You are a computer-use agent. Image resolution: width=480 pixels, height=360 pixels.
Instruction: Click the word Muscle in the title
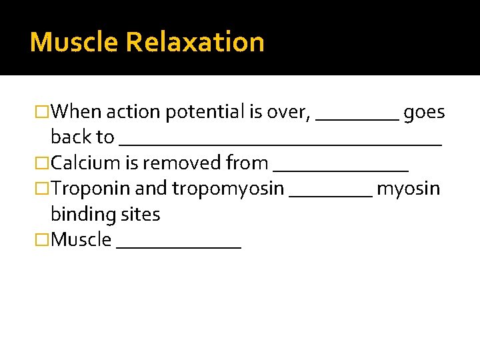74,42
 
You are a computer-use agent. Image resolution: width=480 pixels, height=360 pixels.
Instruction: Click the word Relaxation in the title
195,42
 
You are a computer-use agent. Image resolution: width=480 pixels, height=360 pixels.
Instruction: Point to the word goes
424,111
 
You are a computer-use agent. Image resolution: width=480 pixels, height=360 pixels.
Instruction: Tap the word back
72,137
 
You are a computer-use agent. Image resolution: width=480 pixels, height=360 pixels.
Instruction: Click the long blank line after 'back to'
280,143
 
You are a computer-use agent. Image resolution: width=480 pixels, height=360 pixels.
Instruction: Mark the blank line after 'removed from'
341,170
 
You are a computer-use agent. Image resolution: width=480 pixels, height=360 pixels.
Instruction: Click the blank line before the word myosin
331,196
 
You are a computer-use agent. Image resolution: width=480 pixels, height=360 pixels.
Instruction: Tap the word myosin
408,189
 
